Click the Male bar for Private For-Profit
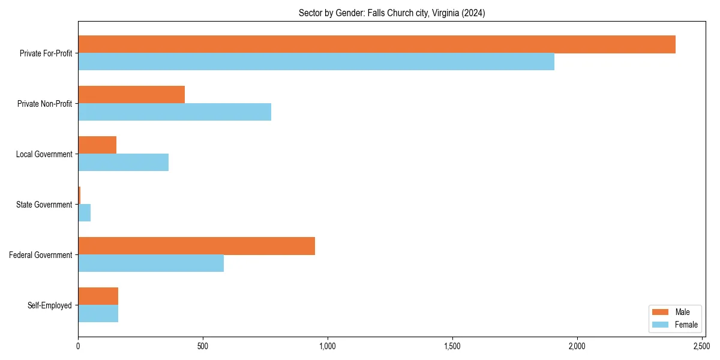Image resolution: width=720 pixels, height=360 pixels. tap(377, 44)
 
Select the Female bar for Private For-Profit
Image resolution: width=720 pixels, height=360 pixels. tap(316, 62)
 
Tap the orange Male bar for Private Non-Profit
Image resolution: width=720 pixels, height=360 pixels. tap(131, 95)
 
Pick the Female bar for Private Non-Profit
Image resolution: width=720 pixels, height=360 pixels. tap(175, 112)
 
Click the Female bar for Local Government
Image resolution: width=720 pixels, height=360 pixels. tap(124, 163)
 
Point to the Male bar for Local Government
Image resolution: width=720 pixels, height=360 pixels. tap(97, 145)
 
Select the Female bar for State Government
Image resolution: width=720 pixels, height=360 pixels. tap(85, 213)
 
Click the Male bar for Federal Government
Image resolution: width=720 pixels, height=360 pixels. tap(196, 246)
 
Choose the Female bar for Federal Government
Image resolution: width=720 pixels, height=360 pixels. tap(151, 263)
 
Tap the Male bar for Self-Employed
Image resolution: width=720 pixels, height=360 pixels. tap(98, 296)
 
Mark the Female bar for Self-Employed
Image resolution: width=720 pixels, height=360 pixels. tap(98, 314)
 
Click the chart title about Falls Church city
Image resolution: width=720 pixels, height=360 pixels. tap(391, 13)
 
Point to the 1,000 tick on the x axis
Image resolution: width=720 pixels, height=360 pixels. tap(328, 346)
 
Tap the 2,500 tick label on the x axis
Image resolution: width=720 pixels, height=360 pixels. tap(701, 346)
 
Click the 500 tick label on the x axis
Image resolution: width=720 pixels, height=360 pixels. tap(203, 346)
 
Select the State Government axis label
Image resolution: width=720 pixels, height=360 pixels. tap(44, 205)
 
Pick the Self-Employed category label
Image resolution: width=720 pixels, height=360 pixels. tap(50, 305)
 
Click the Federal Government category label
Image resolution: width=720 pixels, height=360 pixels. tap(41, 255)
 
